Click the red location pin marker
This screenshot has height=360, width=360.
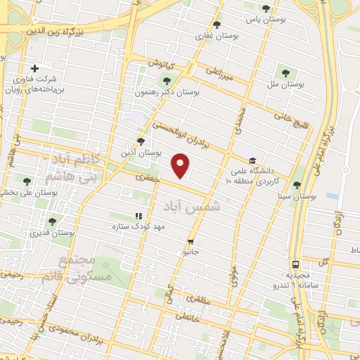point(181,165)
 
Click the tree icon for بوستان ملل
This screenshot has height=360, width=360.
point(285,71)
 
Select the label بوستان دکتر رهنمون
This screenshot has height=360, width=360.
point(167,91)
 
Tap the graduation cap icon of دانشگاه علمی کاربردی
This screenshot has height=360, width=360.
point(252,160)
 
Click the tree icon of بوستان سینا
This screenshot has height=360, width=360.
point(297,185)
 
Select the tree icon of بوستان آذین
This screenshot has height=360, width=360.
point(141,141)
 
